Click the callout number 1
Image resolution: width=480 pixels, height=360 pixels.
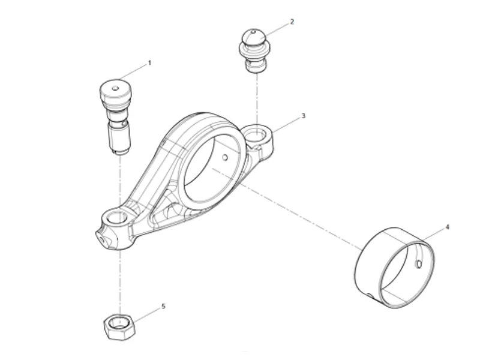point(149,62)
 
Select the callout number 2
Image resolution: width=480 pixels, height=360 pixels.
point(292,22)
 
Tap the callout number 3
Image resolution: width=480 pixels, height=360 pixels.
point(303,115)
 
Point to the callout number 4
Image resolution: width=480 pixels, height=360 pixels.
point(447,227)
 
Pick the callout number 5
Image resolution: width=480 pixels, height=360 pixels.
point(163,306)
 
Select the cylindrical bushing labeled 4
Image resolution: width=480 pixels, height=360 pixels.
point(394,268)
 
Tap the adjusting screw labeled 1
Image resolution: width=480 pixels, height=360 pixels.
point(116,118)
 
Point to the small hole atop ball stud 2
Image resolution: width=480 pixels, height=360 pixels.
point(254,32)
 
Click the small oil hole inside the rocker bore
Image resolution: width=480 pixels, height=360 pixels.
point(224,158)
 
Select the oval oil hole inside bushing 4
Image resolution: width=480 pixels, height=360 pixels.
point(418,262)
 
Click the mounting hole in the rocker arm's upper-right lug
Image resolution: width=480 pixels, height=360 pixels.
point(257,133)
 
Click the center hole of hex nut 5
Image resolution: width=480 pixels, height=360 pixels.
point(119,325)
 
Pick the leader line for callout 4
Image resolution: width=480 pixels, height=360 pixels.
point(433,236)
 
